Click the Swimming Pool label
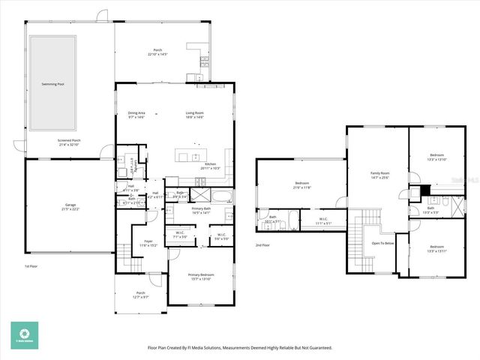52,84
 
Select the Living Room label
195,112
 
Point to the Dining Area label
136,112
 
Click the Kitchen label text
211,163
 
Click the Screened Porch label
68,140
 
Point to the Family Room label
380,172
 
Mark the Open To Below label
382,243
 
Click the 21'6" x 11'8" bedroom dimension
302,188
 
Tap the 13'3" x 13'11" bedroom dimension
437,251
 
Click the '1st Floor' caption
31,266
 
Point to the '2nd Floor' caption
262,245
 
